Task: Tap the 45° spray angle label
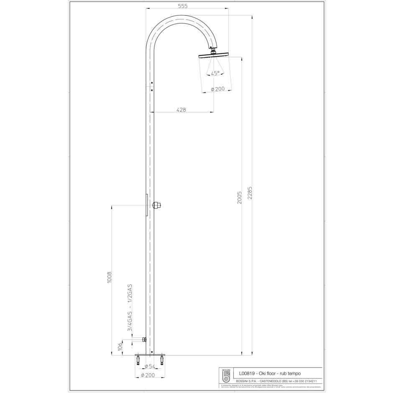215,73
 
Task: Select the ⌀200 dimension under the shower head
217,89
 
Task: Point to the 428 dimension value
181,110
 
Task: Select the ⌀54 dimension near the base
149,366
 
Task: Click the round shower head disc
213,55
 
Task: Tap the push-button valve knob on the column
158,205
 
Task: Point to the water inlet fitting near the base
143,339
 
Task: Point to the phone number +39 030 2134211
309,381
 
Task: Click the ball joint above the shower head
213,51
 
